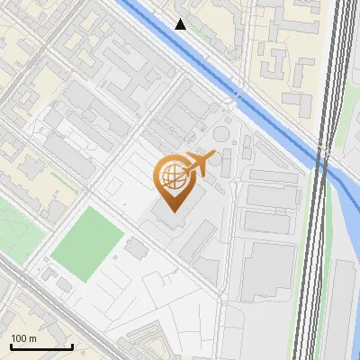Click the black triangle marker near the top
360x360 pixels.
181,24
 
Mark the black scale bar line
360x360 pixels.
40,346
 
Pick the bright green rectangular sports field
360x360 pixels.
87,242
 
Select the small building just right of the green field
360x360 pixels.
137,247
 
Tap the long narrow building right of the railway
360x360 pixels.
342,306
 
